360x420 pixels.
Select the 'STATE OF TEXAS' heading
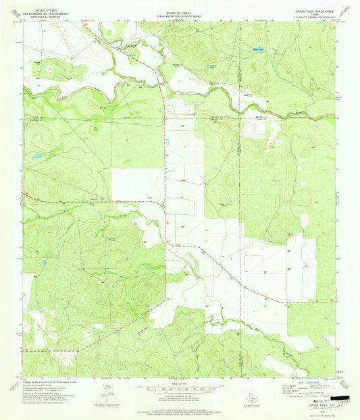point(179,7)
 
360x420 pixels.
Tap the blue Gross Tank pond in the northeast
point(257,49)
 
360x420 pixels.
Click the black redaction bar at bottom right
point(340,400)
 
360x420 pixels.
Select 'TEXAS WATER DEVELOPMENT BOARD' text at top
point(179,12)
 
